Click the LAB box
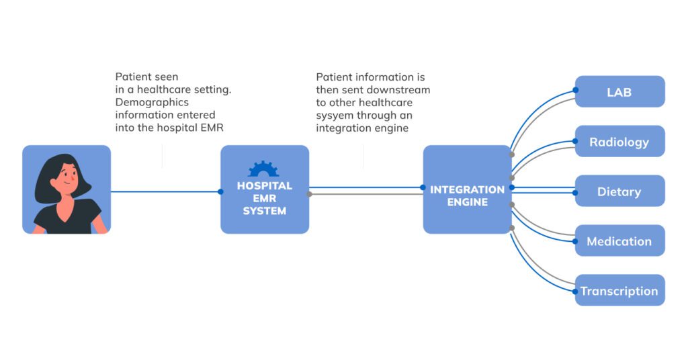(x=619, y=92)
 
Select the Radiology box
(x=619, y=142)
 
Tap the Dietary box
(x=619, y=191)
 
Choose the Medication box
(x=619, y=241)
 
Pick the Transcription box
(x=619, y=291)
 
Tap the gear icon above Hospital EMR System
(x=263, y=169)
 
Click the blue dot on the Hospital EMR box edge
(x=220, y=191)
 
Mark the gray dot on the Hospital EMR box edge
(x=309, y=194)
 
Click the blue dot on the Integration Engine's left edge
(x=423, y=187)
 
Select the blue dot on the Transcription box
(x=575, y=291)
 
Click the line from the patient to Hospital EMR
(x=165, y=191)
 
